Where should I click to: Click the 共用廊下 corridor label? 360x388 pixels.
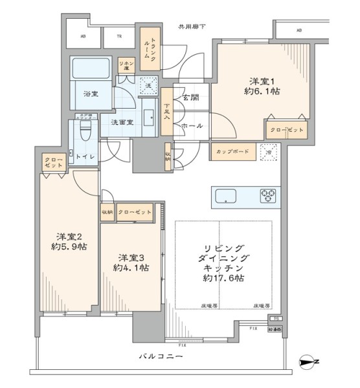tap(192, 27)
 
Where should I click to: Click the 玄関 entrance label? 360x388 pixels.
tap(190, 98)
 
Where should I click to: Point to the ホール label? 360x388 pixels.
tap(192, 125)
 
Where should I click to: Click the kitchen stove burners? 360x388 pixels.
tap(268, 194)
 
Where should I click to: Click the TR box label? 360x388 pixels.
tap(119, 38)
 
